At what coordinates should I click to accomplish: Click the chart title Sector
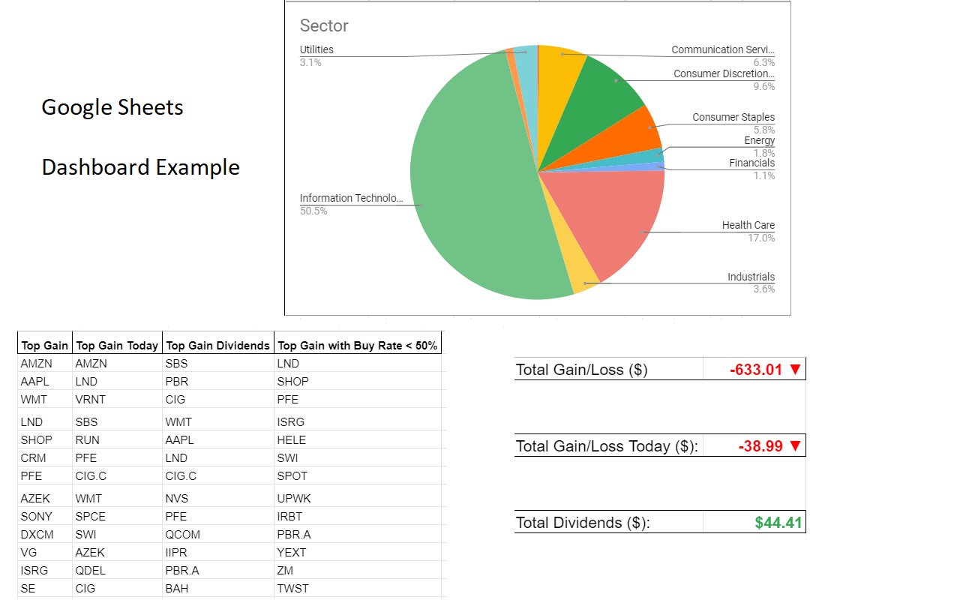[324, 25]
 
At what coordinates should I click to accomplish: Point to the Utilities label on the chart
[316, 49]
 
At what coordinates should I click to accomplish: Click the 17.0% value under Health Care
[761, 238]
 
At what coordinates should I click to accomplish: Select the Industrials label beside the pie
[751, 277]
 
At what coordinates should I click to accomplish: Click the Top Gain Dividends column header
[217, 346]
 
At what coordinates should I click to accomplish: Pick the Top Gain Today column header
[117, 346]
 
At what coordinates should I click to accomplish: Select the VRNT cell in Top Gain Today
[89, 399]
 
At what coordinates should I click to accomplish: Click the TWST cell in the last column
[292, 588]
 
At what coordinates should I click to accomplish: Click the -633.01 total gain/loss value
[756, 369]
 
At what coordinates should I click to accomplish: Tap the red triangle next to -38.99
[796, 446]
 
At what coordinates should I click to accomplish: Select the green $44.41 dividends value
[778, 523]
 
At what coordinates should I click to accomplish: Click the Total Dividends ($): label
[583, 523]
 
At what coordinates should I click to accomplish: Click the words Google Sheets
[112, 107]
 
